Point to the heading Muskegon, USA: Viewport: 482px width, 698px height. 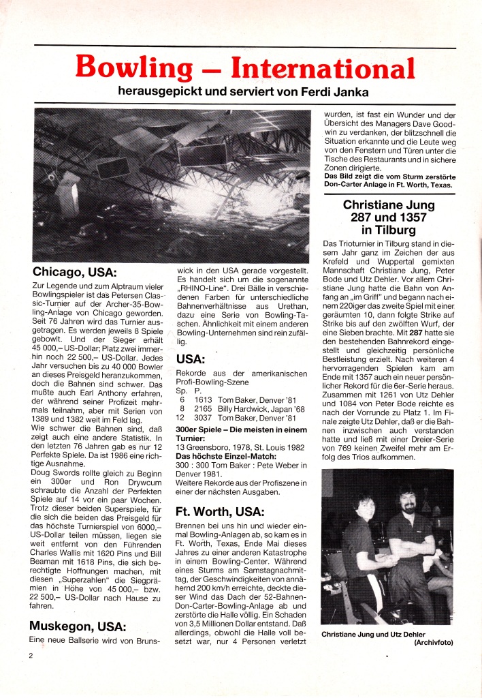[x=76, y=625]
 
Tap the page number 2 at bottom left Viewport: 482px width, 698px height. [x=31, y=655]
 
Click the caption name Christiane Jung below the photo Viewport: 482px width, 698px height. [x=354, y=633]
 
